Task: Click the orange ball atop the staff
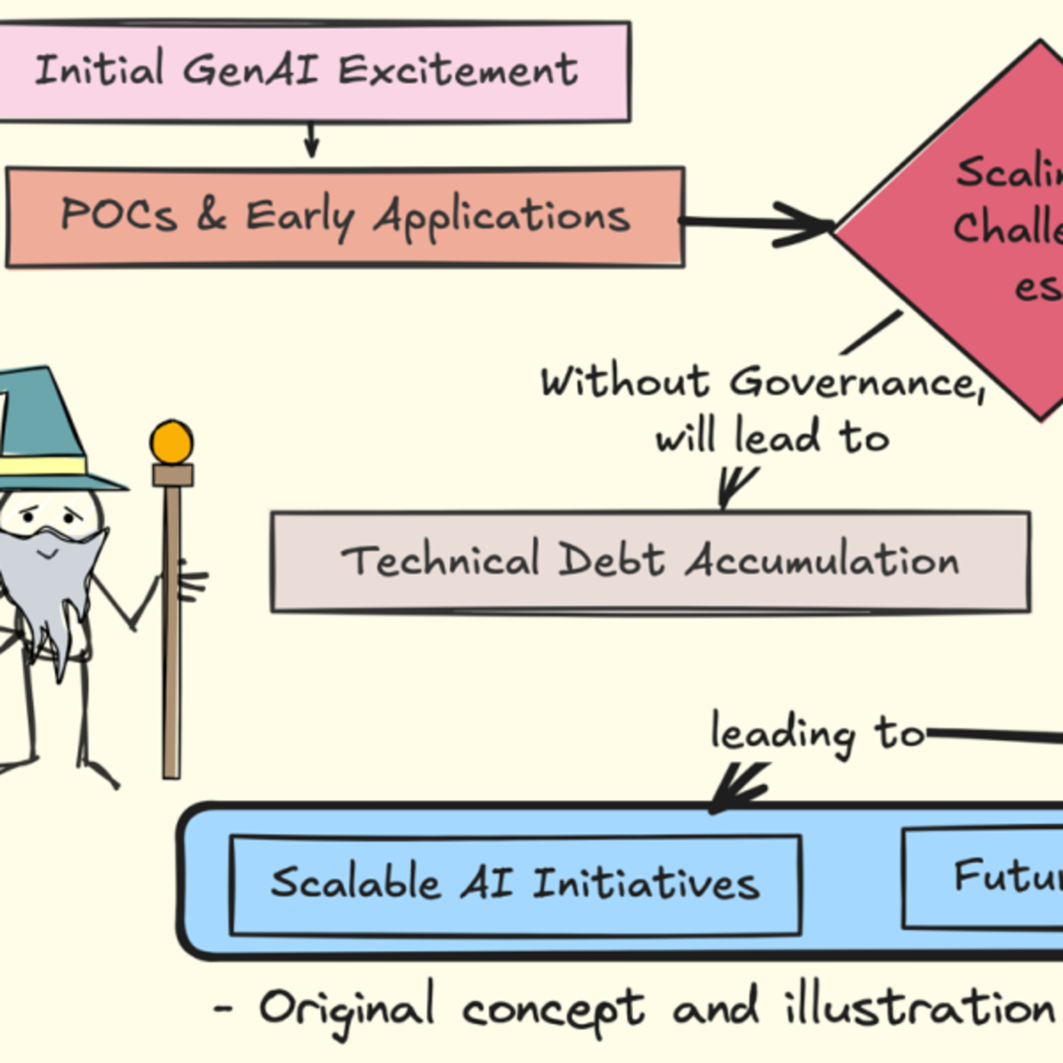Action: point(171,442)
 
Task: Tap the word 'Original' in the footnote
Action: point(347,1008)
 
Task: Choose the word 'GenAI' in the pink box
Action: point(251,70)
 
